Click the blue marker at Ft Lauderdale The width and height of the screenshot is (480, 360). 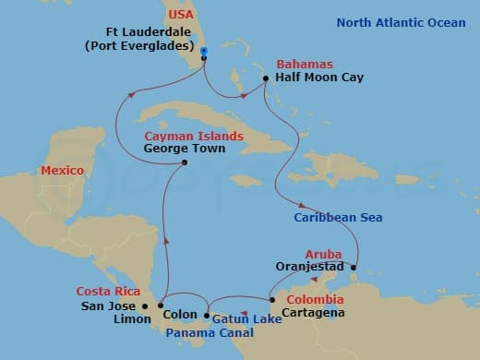(x=203, y=51)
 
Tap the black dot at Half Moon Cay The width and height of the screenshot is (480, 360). (x=266, y=78)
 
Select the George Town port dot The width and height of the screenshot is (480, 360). (x=186, y=163)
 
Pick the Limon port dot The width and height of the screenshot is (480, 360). (x=161, y=306)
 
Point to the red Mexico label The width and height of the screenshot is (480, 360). (x=63, y=171)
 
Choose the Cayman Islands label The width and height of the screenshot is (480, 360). (x=193, y=136)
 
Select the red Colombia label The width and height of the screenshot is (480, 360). (x=314, y=300)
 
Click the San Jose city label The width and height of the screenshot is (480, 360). (x=108, y=306)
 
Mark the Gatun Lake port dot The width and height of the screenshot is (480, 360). (x=206, y=316)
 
